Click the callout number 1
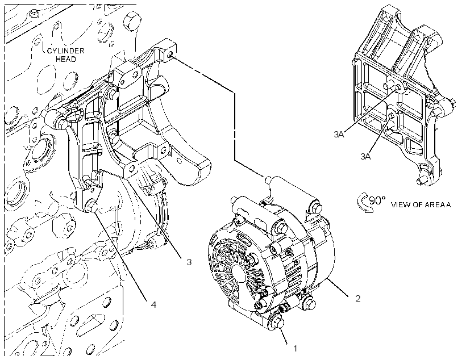click(x=295, y=349)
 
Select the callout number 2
click(x=358, y=298)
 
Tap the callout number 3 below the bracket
click(x=189, y=262)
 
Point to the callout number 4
click(x=153, y=304)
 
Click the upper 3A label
click(x=339, y=135)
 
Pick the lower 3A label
click(x=365, y=157)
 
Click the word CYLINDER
click(x=66, y=51)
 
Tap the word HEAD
click(x=66, y=59)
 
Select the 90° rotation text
click(x=377, y=201)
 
